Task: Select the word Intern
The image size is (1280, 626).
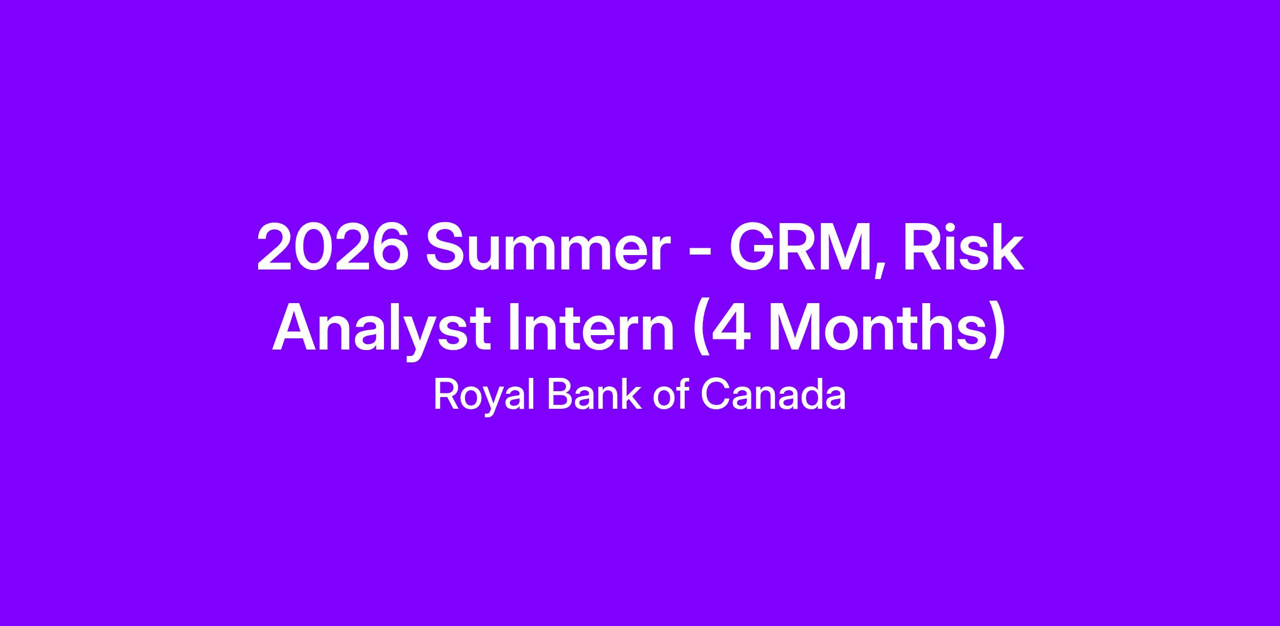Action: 591,330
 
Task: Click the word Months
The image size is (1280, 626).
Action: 875,330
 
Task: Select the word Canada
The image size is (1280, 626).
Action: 773,394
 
